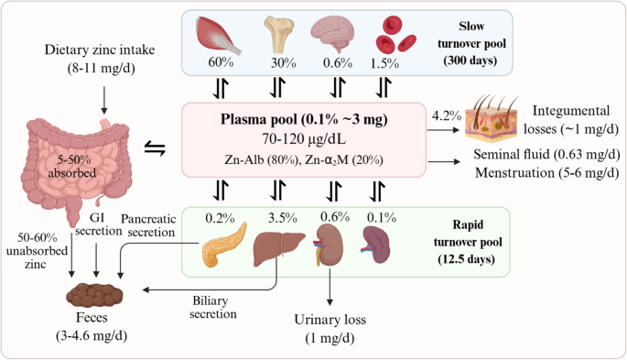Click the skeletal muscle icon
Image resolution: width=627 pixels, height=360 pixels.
coord(219,36)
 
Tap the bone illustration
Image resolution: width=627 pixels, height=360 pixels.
coord(278,35)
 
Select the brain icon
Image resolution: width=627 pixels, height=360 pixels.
coord(332,34)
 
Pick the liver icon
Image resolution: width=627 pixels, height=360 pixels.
coord(279,249)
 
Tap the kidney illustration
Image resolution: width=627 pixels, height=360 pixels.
coord(328,245)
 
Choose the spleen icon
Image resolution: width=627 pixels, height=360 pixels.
coord(375,245)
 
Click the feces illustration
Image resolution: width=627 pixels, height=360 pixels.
coord(94,295)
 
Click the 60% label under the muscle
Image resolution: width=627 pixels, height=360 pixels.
coord(221,62)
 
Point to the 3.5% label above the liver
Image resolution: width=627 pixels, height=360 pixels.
coord(282,218)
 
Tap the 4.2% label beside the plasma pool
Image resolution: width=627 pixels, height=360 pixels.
coord(447,116)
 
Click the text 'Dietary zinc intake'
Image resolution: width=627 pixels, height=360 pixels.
coord(100,49)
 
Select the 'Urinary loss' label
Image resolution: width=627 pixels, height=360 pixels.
coord(330,320)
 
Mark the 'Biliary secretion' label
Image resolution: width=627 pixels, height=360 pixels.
coord(213,307)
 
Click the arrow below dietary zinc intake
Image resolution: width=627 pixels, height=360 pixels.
coord(103,101)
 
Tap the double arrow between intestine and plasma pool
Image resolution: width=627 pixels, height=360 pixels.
coord(155,148)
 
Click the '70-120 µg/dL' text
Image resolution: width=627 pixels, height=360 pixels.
coord(304,139)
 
